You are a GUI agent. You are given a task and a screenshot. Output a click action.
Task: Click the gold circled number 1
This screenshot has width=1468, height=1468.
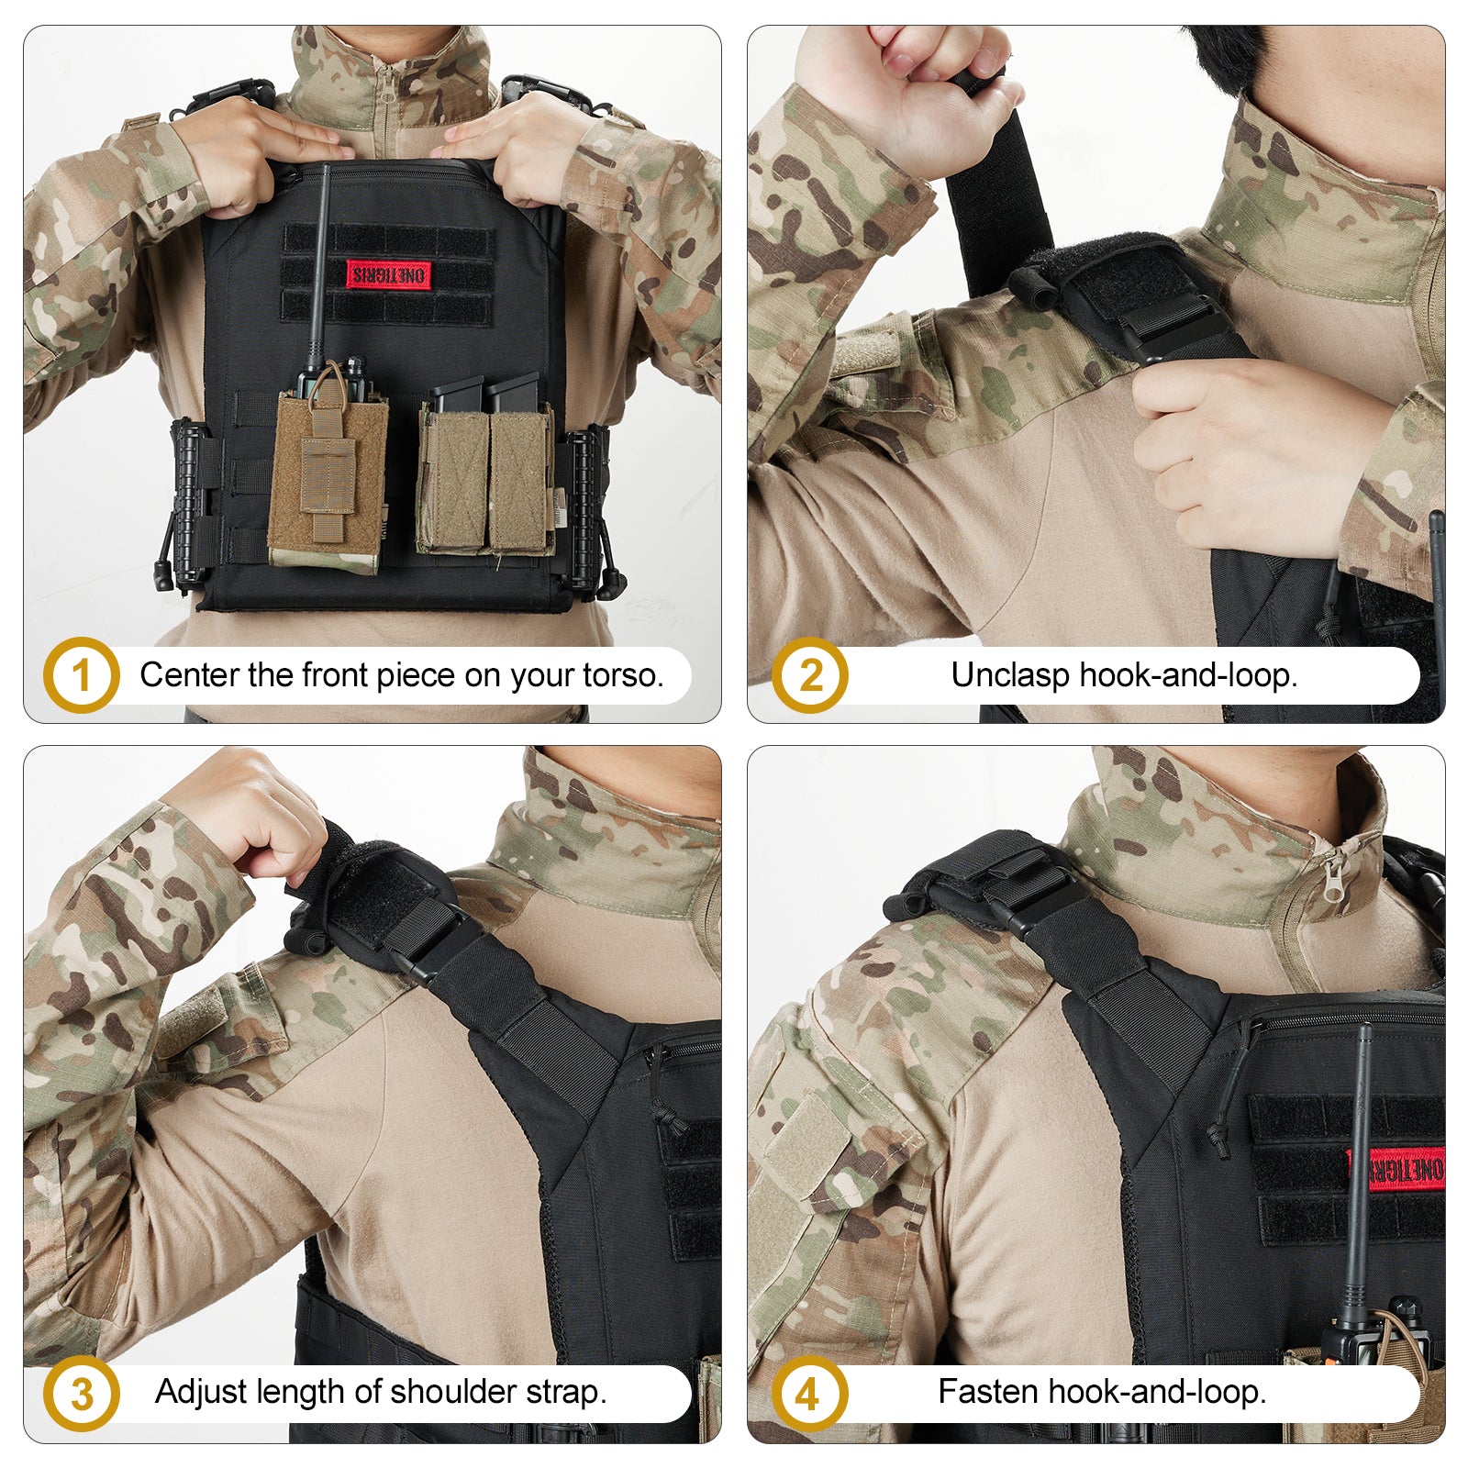81,675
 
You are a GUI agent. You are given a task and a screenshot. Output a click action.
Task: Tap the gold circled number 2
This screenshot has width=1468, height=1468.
809,675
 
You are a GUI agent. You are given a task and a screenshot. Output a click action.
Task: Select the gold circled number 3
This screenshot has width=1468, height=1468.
81,1394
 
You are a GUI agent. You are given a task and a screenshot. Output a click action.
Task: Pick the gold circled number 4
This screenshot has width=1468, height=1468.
808,1395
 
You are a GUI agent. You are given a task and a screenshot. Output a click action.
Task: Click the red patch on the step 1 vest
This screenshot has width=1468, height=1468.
388,273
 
